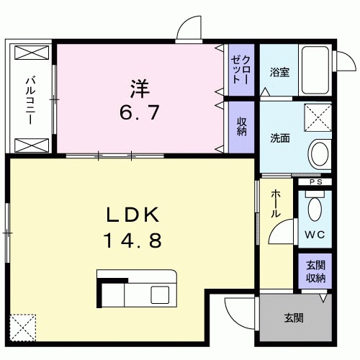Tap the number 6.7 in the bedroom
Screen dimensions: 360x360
click(x=140, y=112)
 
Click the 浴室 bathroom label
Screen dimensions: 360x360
click(x=279, y=73)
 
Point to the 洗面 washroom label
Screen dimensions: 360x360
click(x=280, y=138)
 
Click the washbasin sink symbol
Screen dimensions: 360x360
click(x=318, y=153)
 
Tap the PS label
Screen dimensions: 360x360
click(x=315, y=182)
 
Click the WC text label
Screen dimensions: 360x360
click(x=314, y=235)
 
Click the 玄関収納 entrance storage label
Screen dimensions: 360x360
click(x=315, y=271)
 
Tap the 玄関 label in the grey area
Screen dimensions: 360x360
click(x=293, y=318)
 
